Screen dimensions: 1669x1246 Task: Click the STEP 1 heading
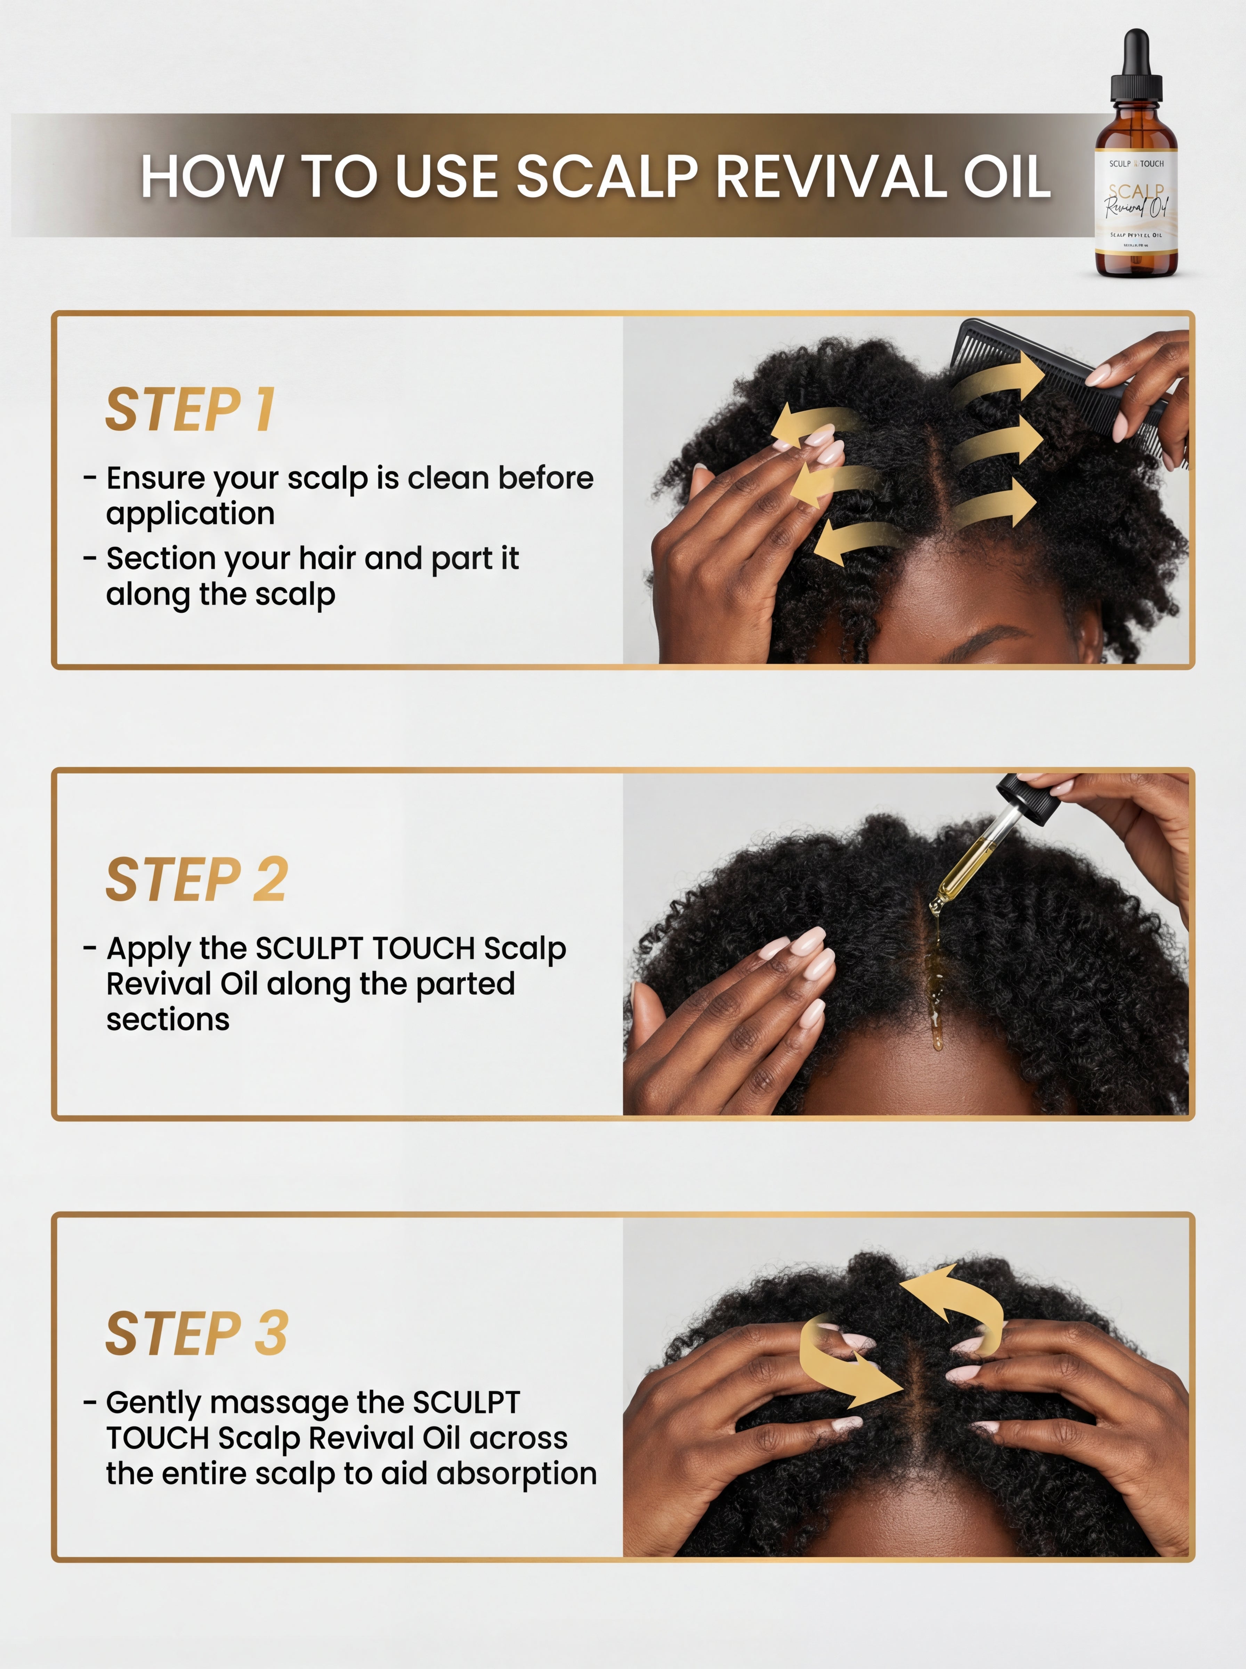[190, 410]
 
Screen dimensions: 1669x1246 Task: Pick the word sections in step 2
[168, 1019]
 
